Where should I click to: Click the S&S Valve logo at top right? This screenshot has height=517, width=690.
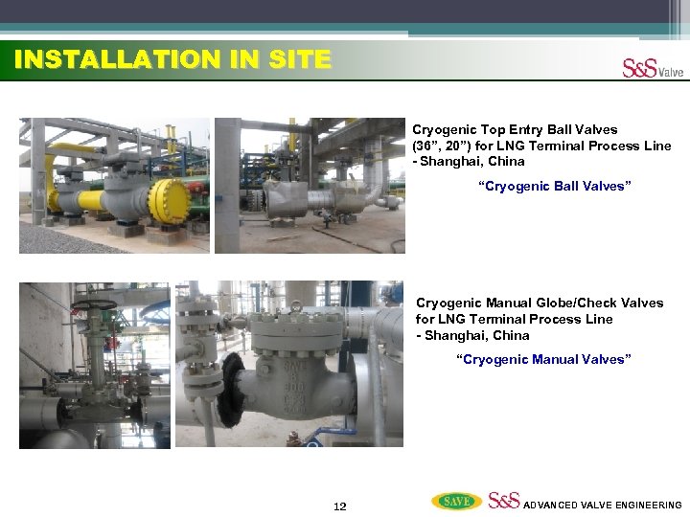click(653, 69)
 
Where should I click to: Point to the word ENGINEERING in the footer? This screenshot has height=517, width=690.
click(644, 505)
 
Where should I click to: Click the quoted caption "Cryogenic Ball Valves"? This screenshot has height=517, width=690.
click(555, 186)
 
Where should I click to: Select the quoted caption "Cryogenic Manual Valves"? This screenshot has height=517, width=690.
click(543, 359)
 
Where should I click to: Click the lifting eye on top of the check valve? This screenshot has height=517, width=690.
click(296, 306)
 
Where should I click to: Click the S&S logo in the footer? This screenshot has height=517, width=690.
click(504, 501)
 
